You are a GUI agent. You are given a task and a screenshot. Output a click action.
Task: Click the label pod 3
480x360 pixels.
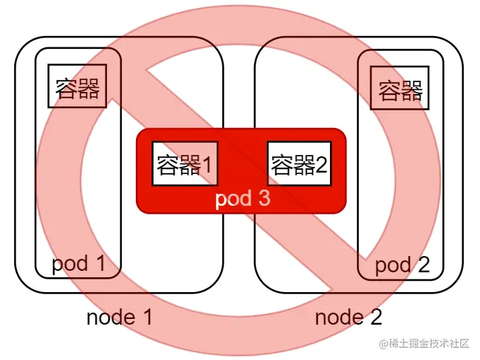[242, 198]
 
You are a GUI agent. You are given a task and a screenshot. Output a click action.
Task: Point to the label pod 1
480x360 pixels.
[78, 264]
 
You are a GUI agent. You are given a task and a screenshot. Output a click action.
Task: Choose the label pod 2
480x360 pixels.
[401, 265]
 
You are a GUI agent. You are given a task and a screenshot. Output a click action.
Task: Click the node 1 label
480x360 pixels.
[119, 317]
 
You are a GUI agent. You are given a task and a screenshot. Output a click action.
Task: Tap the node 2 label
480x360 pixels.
[348, 317]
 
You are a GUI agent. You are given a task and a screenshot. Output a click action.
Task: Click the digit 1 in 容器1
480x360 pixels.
[207, 164]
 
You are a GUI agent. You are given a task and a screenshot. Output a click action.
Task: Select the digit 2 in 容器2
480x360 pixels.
[322, 164]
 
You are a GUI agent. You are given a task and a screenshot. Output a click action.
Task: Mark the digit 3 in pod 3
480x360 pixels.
[263, 198]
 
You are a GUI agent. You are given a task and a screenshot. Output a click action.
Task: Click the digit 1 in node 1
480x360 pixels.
[147, 317]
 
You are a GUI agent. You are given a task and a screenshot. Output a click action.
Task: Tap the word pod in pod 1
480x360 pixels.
[68, 265]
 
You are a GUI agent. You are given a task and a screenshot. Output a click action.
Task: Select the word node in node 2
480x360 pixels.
[338, 317]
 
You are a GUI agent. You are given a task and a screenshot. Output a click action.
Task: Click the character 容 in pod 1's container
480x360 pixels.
[67, 87]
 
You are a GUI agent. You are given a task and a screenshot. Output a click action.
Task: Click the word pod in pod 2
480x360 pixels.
[392, 265]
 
